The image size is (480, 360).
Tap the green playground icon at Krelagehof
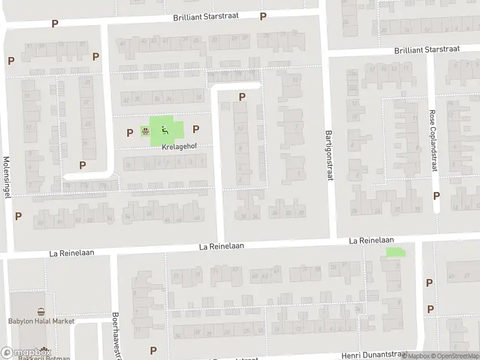tap(164, 130)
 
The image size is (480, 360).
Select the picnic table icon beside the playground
tap(145, 130)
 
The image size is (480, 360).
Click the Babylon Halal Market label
tap(41, 321)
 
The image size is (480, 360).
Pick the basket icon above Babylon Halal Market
tap(41, 311)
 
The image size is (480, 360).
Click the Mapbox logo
tap(26, 353)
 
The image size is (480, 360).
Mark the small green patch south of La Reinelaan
tap(395, 253)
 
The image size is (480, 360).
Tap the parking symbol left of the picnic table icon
tap(130, 133)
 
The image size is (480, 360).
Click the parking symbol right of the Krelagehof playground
tap(196, 128)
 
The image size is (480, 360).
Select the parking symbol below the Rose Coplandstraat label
tap(436, 196)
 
